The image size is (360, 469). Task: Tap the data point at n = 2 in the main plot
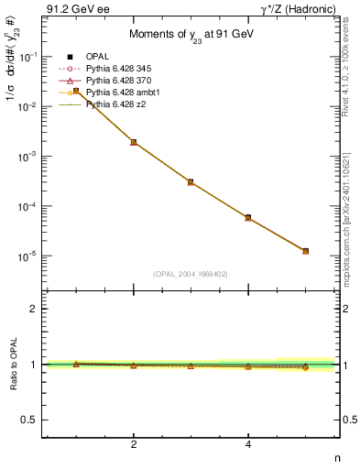pos(134,142)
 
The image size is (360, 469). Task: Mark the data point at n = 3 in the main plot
pos(191,182)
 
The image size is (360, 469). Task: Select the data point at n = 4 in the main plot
pos(248,217)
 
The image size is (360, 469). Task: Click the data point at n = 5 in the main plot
pos(305,251)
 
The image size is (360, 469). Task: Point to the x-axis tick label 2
pos(134,444)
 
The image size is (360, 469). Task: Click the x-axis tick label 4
pos(248,444)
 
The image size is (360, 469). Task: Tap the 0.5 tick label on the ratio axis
pos(30,420)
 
